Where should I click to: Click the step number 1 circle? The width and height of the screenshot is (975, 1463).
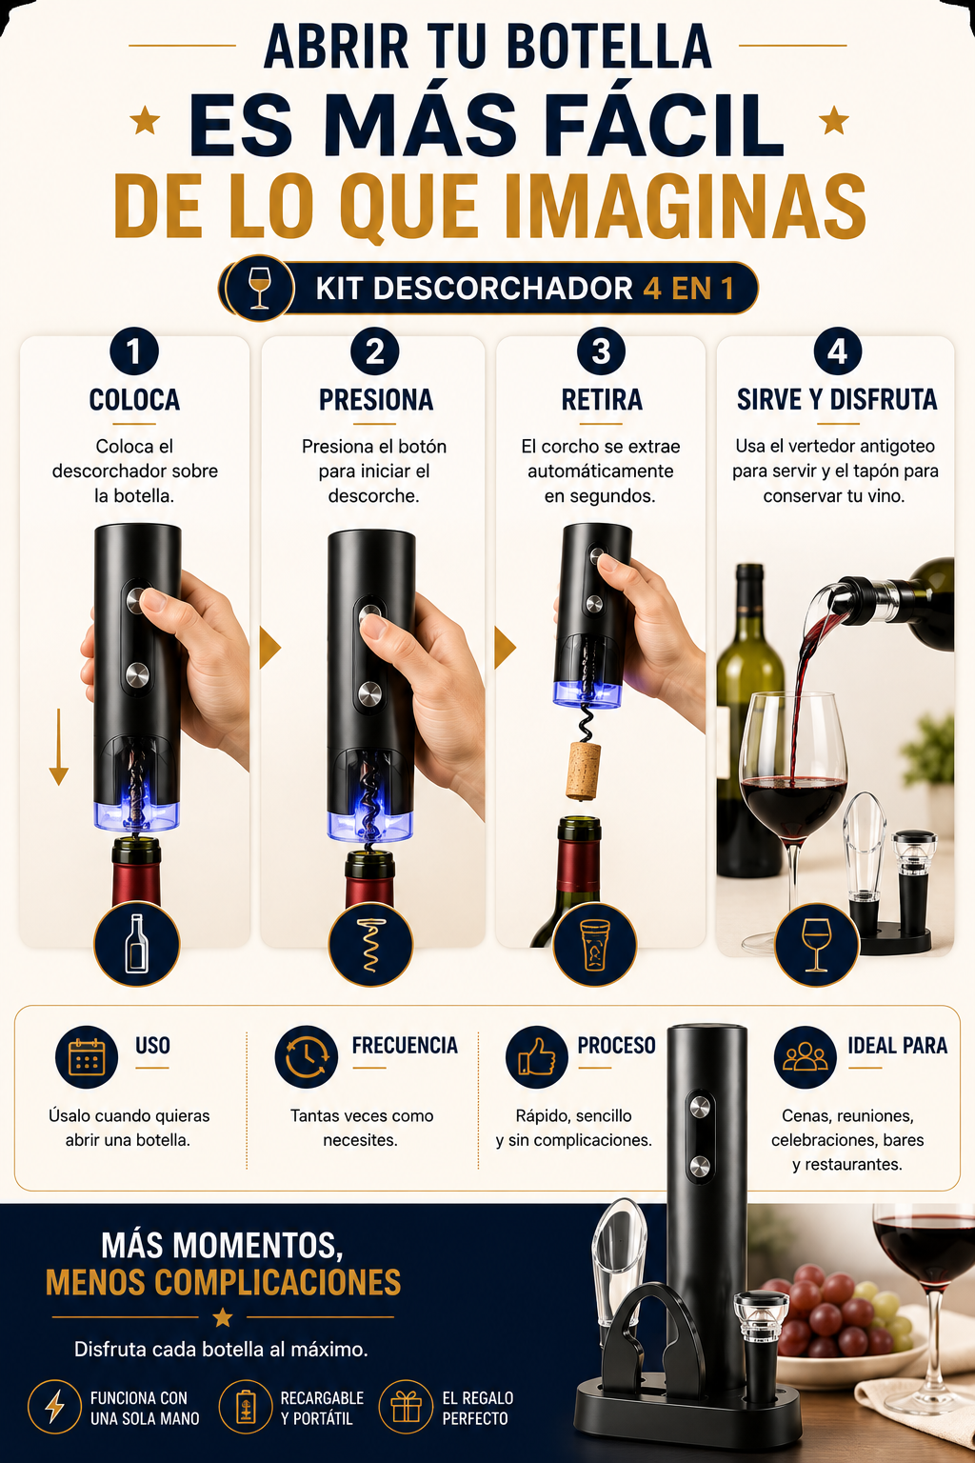point(134,351)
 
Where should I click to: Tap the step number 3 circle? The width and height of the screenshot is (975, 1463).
point(601,351)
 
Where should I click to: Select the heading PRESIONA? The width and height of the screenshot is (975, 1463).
point(375,400)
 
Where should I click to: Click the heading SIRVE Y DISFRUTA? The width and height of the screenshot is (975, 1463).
point(837,400)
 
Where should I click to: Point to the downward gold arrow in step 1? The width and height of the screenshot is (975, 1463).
point(59,747)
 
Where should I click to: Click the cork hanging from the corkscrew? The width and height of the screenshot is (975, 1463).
point(583,771)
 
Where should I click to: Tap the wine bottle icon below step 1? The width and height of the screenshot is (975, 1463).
point(136,945)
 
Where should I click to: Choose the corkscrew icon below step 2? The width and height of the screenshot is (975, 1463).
point(370,945)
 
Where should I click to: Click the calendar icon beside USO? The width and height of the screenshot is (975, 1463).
point(87,1056)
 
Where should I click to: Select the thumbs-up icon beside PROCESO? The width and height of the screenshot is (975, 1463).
point(537,1056)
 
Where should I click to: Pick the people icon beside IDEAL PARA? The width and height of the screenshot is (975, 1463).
point(806,1056)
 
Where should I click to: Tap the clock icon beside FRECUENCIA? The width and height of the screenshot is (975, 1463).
point(307,1056)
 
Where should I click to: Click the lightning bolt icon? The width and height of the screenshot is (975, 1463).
point(55,1407)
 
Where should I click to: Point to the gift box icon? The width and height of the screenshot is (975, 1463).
point(406,1407)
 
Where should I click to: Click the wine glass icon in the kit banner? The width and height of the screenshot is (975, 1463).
point(260,288)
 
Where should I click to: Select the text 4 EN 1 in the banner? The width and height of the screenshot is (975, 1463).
point(688,289)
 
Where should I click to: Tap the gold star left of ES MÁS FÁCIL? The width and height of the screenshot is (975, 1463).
point(145,121)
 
